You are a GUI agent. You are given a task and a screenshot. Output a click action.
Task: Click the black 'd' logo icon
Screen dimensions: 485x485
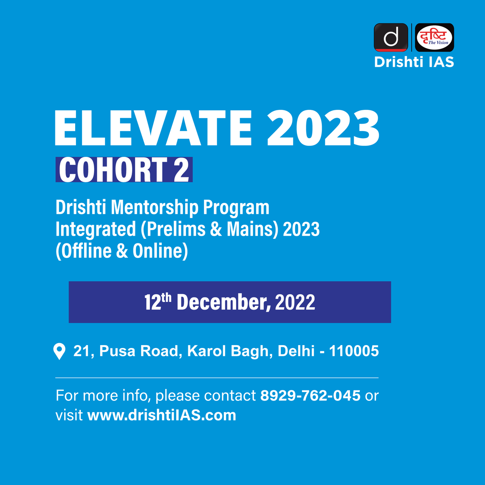(x=390, y=38)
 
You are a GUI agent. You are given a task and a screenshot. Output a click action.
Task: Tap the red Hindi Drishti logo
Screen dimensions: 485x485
(x=435, y=38)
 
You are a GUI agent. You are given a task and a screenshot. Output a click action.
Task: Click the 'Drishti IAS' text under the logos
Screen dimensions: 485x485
(x=414, y=62)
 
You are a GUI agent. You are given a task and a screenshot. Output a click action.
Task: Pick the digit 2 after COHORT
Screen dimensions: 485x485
(x=181, y=170)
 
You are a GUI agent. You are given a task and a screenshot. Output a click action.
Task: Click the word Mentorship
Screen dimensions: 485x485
(x=155, y=208)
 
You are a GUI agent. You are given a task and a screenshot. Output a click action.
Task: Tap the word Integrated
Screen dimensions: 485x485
(x=96, y=229)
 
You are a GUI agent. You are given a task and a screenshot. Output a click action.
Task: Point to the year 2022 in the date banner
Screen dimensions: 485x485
(x=295, y=303)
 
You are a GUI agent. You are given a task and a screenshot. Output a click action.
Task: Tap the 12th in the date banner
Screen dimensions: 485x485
(x=158, y=302)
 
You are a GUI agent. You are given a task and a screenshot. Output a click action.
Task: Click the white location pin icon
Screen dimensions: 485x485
(x=59, y=351)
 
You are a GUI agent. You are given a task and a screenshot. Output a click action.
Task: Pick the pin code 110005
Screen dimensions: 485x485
(x=354, y=351)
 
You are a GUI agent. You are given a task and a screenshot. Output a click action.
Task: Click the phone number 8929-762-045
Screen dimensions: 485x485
(x=310, y=395)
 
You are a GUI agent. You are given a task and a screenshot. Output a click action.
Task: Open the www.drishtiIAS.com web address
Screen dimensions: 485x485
(x=162, y=415)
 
